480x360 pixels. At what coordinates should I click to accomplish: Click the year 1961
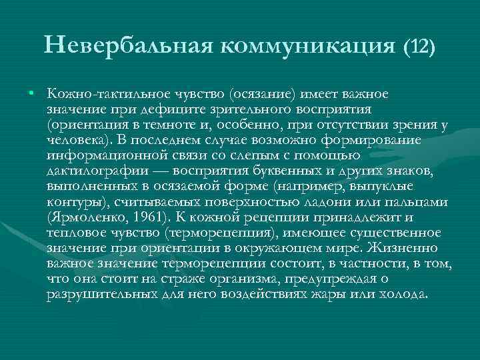(150, 217)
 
